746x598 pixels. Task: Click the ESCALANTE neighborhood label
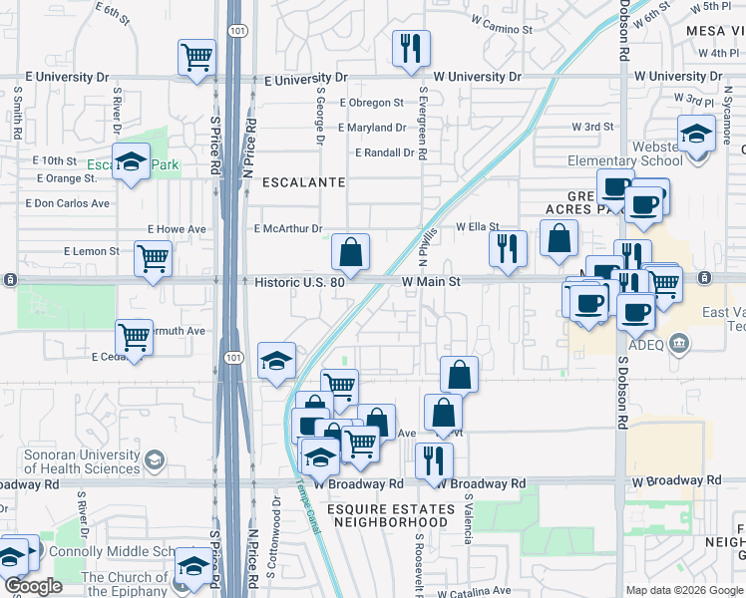pos(303,183)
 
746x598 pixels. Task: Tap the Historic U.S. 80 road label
pos(299,283)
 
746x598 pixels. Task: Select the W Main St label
pos(431,283)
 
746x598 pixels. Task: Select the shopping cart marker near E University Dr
pos(196,57)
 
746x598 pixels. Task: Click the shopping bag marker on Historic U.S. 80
pos(350,253)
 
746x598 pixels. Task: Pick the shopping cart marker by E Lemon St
pos(154,261)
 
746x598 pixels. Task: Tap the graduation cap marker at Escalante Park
pos(130,163)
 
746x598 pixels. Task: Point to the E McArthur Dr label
pos(288,229)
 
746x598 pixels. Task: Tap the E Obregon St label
pos(371,103)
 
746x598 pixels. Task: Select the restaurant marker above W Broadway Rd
pos(433,459)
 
